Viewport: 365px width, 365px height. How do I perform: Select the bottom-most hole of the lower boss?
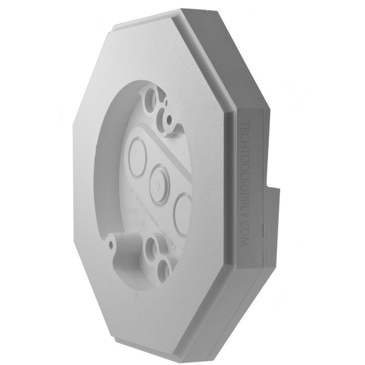click(x=164, y=267)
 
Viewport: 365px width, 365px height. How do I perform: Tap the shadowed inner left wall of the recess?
click(x=104, y=172)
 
